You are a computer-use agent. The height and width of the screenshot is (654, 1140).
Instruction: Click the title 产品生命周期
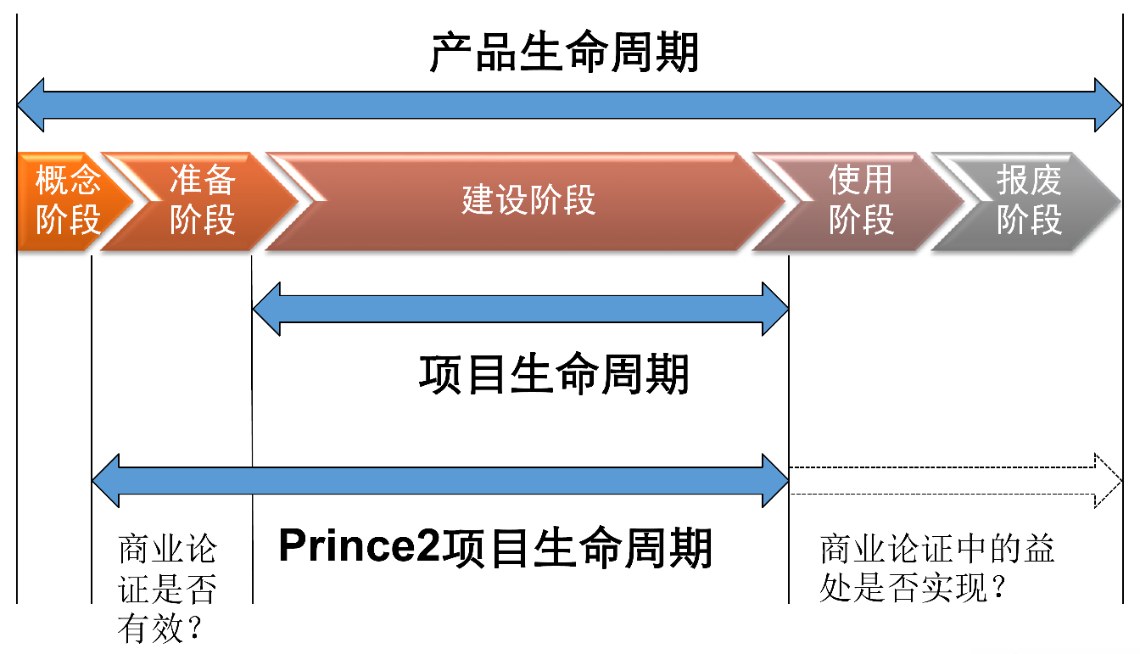point(564,53)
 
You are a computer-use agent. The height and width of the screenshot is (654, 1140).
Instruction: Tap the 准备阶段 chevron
point(202,201)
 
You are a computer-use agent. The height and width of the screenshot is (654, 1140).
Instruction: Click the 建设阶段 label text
point(528,201)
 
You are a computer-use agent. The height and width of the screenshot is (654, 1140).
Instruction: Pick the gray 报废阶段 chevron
point(1029,201)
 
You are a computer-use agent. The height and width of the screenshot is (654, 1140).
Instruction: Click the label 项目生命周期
point(555,374)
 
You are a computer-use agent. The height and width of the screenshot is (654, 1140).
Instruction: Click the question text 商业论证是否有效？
point(167,589)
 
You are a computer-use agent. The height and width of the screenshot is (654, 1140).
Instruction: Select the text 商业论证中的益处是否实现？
point(936,568)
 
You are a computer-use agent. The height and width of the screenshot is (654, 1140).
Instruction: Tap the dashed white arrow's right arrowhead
point(1108,481)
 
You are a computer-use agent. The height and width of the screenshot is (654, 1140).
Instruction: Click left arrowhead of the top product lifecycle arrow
point(31,105)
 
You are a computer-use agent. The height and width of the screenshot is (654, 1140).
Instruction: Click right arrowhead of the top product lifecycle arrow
point(1108,105)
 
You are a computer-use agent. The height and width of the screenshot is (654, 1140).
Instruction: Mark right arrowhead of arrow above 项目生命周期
point(775,309)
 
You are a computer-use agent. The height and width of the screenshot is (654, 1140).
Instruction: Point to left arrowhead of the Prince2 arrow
point(106,481)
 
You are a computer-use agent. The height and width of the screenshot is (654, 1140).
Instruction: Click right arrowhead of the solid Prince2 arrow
point(775,481)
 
